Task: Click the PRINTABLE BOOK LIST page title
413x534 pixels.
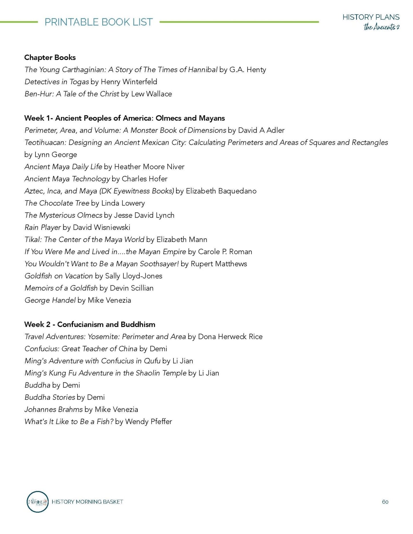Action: [x=99, y=22]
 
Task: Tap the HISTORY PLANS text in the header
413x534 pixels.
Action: [x=371, y=17]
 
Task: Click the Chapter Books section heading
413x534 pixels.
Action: [x=50, y=57]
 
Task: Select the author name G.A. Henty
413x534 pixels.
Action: [x=248, y=70]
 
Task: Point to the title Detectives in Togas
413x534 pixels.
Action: [x=57, y=82]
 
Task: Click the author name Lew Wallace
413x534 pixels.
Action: [x=151, y=94]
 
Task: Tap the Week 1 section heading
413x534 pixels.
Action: [x=124, y=118]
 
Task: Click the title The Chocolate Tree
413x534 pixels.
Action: [x=57, y=203]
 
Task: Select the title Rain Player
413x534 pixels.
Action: [x=43, y=227]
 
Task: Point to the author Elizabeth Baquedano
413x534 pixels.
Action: [x=221, y=191]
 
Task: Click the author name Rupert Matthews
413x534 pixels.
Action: [x=219, y=264]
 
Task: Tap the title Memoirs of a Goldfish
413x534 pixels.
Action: [x=61, y=288]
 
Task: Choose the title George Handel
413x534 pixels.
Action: [x=50, y=300]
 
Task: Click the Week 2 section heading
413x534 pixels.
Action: [x=90, y=325]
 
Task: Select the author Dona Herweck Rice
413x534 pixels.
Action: [x=230, y=337]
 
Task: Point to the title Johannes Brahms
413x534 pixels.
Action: [x=53, y=409]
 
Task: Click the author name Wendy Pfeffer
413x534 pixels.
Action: [x=148, y=422]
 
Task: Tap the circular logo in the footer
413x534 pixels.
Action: [x=37, y=501]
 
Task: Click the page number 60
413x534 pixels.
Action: [x=385, y=502]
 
